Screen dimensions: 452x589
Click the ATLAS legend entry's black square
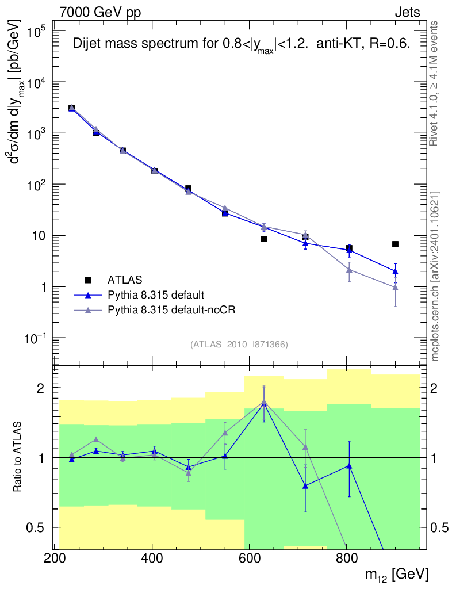[88, 280]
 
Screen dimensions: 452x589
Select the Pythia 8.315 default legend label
[156, 295]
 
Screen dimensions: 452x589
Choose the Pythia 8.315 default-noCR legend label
[171, 310]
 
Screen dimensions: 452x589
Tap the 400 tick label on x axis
[152, 558]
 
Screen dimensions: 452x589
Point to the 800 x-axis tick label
[347, 558]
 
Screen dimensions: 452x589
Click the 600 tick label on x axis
[249, 558]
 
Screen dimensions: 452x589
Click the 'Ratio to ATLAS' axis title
[17, 457]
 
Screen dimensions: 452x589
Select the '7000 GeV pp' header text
[100, 13]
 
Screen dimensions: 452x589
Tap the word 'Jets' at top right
[407, 13]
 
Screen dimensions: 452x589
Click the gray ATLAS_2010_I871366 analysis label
[239, 345]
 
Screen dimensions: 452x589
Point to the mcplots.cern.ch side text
[435, 277]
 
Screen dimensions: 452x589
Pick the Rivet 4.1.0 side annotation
[434, 83]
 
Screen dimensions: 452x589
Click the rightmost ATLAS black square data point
[395, 244]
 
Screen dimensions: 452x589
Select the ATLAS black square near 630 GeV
[264, 239]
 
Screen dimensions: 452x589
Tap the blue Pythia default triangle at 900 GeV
[395, 271]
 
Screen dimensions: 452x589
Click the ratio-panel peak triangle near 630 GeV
[264, 402]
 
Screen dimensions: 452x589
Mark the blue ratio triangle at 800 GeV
[349, 466]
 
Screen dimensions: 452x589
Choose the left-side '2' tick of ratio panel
[41, 388]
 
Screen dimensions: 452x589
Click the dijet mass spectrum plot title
[241, 44]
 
